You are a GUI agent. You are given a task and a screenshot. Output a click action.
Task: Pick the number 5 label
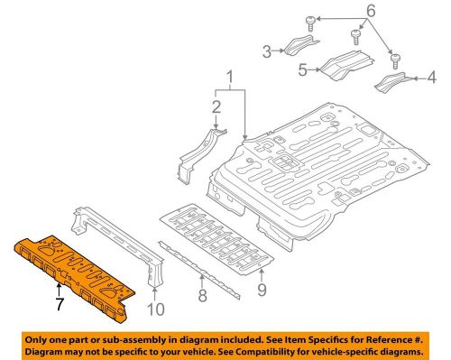pyautogui.click(x=303, y=66)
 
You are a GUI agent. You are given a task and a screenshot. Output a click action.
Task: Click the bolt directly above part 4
pyautogui.click(x=396, y=60)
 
